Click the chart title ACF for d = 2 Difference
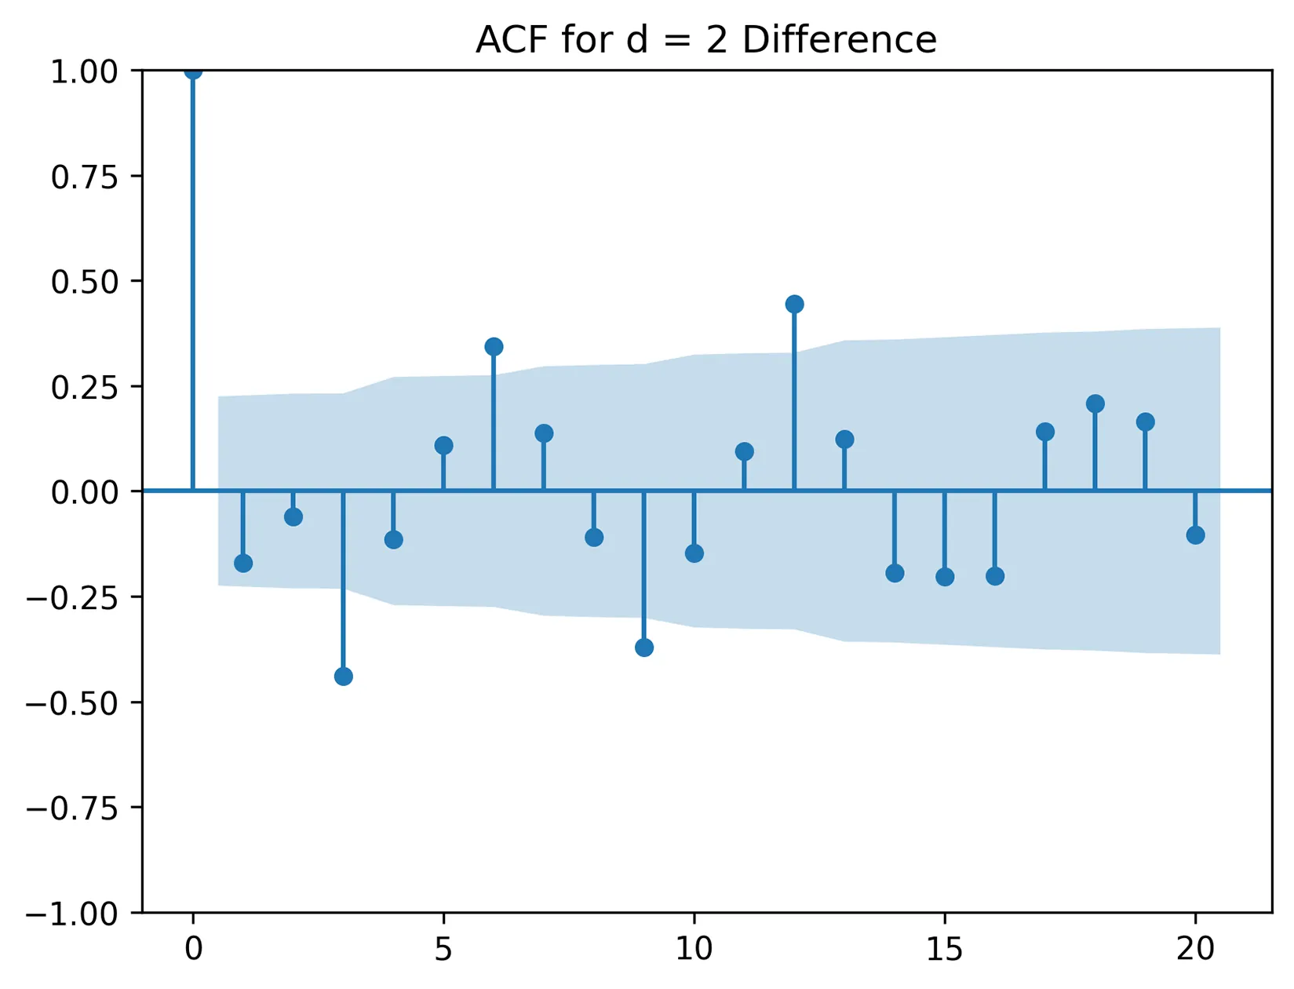coord(706,39)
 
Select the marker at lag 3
coord(343,677)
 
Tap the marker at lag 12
coord(794,304)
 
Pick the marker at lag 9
coord(644,648)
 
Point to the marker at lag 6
coord(494,346)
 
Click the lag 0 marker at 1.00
coord(193,71)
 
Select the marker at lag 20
coord(1195,535)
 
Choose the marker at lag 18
coord(1095,403)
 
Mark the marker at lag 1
coord(243,563)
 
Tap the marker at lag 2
coord(293,516)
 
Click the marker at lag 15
coord(945,577)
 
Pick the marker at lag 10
coord(694,553)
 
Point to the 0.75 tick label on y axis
coord(84,177)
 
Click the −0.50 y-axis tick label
coord(72,703)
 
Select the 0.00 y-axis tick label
coord(84,493)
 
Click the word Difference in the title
coord(839,39)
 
